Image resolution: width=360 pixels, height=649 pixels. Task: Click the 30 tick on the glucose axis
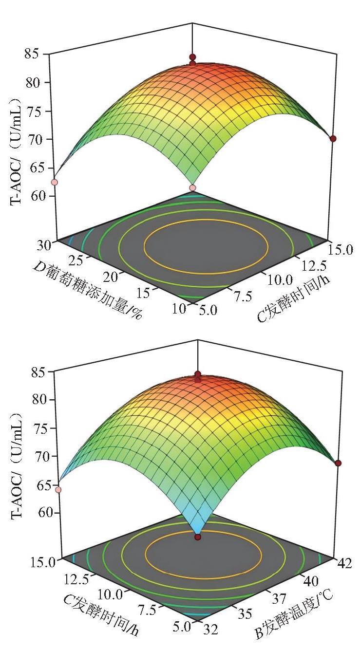[x=44, y=246]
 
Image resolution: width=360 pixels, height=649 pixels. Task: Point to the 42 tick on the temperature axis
[x=344, y=563]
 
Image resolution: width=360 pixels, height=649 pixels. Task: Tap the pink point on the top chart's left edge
[x=55, y=182]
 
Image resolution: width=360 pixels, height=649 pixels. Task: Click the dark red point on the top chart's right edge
[x=333, y=139]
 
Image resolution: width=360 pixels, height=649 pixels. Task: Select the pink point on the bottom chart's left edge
[x=58, y=490]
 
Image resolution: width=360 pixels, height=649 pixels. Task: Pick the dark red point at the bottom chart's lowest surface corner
[x=198, y=538]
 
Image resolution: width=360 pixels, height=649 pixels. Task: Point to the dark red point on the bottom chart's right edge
[x=338, y=464]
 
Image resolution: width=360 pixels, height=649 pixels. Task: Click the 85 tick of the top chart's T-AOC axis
[x=33, y=54]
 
